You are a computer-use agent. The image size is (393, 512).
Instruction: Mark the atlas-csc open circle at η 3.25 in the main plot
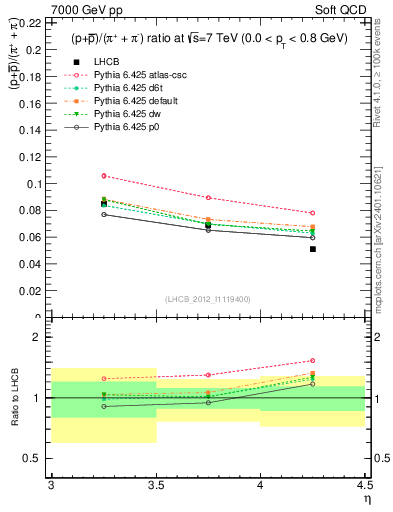coord(104,176)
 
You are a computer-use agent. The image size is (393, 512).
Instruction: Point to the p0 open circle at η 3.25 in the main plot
coord(104,214)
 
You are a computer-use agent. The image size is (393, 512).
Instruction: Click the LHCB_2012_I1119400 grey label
coord(208,299)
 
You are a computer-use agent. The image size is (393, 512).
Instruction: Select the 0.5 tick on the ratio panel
coord(40,458)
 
